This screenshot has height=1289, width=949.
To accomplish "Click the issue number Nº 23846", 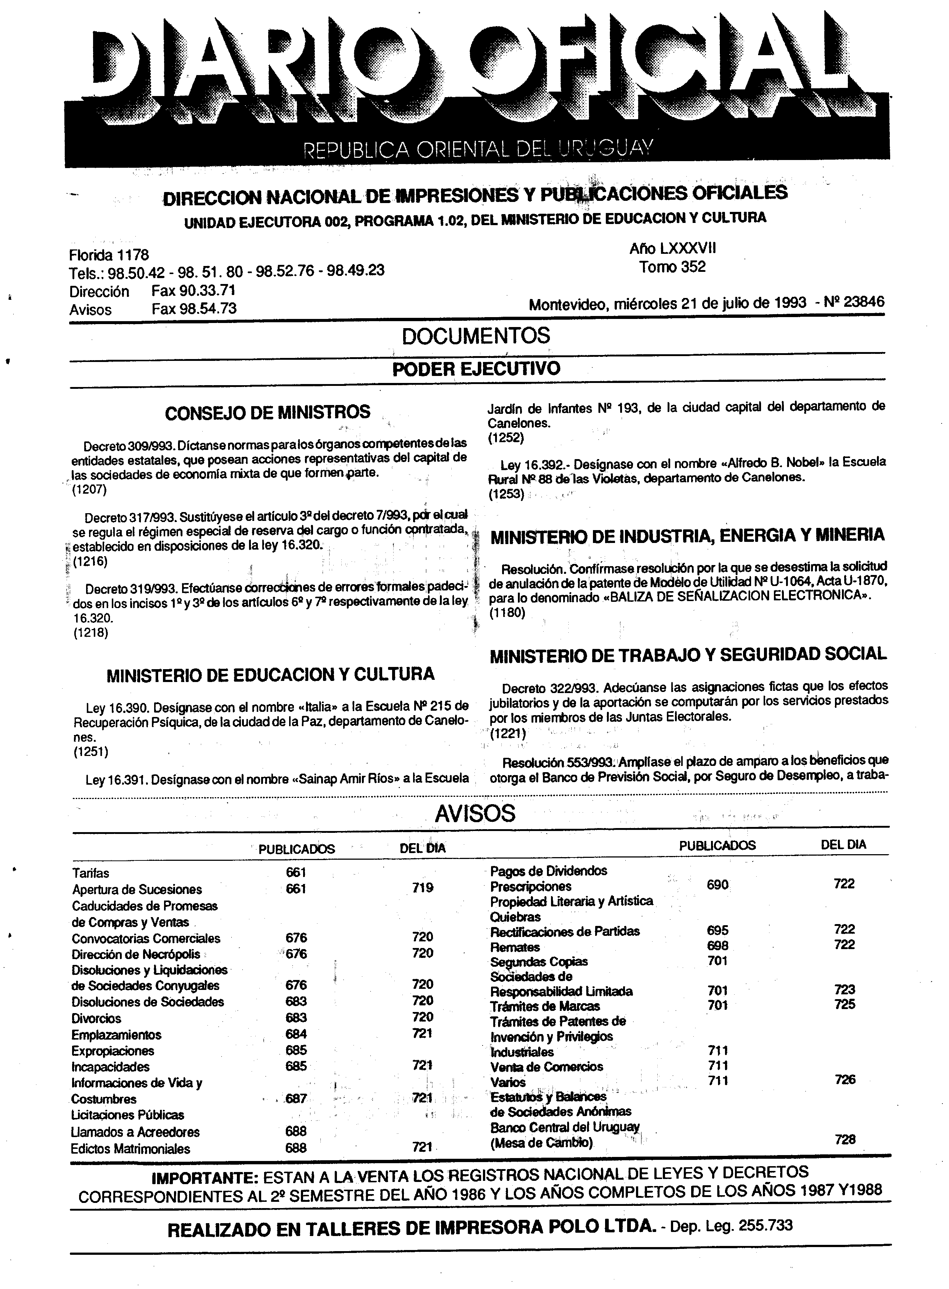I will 853,302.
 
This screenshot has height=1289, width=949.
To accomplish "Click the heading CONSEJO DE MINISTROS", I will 268,412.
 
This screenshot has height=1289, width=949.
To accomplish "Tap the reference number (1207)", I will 90,490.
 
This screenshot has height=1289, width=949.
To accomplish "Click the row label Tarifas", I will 91,873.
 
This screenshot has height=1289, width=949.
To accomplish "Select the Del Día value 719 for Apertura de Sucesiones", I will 422,888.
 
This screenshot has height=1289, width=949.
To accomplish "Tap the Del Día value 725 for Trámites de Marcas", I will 845,1004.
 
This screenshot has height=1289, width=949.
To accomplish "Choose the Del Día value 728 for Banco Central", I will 845,1139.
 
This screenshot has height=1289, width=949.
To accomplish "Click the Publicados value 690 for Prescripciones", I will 718,885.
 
